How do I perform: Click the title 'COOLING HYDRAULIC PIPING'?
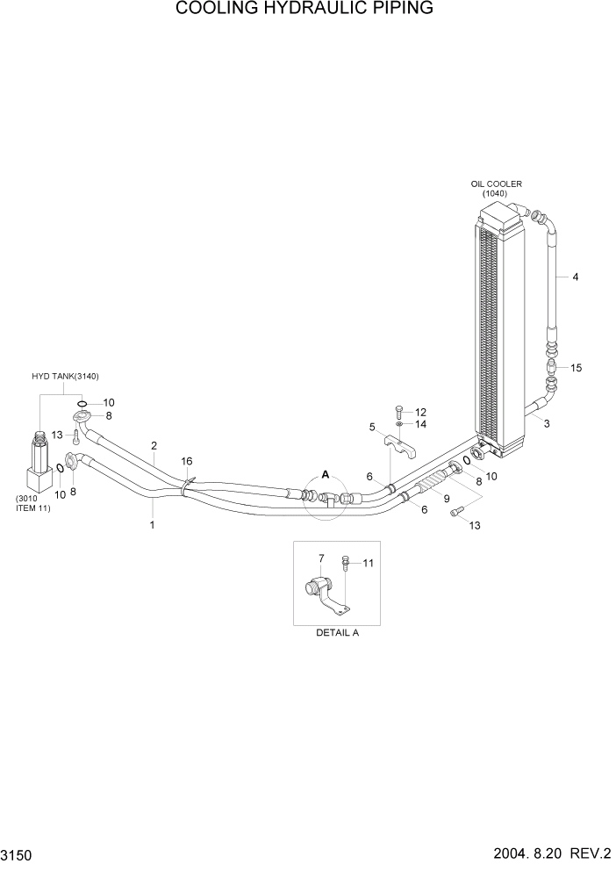(304, 10)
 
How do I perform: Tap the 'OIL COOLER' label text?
(496, 184)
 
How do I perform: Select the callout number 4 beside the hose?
(575, 277)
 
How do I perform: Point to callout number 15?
(576, 367)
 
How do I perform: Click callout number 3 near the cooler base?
(547, 424)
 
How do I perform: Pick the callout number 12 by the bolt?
(420, 412)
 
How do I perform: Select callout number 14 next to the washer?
(420, 424)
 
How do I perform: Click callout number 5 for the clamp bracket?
(372, 427)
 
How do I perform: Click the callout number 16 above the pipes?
(186, 461)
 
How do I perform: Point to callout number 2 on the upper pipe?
(154, 445)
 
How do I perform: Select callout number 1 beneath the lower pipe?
(153, 525)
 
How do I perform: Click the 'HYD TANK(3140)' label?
(67, 376)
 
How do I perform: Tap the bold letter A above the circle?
(326, 474)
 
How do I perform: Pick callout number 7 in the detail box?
(321, 558)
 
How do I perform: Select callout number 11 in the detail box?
(369, 563)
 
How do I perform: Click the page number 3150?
(18, 853)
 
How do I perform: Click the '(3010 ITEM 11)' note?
(32, 504)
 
